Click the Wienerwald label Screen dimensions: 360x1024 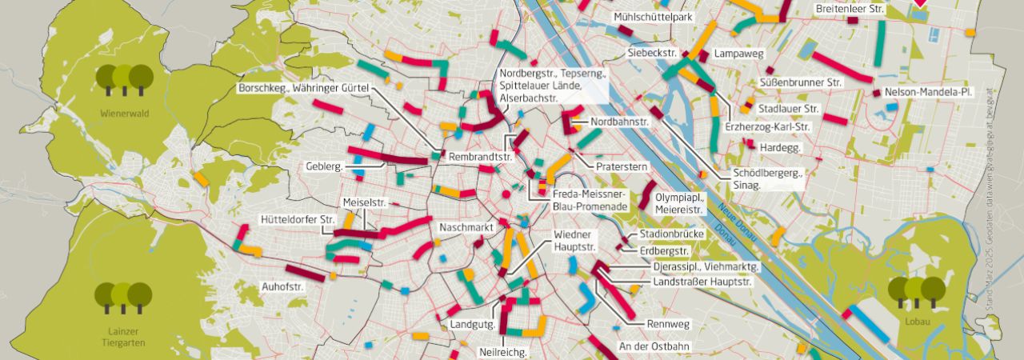coord(125,114)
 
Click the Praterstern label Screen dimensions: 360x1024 coord(622,166)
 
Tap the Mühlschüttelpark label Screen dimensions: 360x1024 coord(653,17)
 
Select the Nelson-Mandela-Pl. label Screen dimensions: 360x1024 coord(929,93)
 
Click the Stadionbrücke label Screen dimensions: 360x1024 coord(670,235)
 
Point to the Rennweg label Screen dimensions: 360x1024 coord(667,325)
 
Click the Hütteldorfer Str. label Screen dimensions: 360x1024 coord(298,219)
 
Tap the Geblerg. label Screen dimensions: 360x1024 coord(324,166)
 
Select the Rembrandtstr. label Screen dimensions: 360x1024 coord(480,157)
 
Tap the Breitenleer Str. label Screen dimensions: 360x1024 coord(850,10)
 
